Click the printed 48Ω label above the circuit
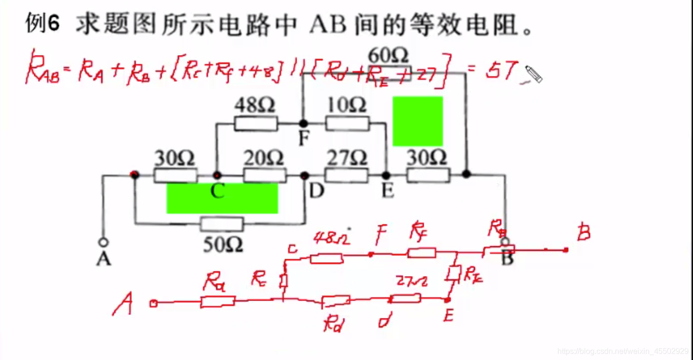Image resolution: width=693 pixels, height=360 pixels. (x=255, y=105)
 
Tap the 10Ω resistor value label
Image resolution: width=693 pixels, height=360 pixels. (x=346, y=105)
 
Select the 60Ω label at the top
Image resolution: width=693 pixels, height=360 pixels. (x=389, y=55)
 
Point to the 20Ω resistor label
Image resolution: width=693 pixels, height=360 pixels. (x=263, y=158)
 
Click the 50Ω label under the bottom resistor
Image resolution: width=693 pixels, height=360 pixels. (x=222, y=245)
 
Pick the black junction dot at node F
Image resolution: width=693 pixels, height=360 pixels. (x=303, y=124)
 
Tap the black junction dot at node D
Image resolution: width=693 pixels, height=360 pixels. (x=305, y=176)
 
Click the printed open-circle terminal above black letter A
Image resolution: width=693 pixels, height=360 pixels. (x=103, y=242)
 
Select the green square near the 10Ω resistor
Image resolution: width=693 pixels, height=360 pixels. (x=417, y=121)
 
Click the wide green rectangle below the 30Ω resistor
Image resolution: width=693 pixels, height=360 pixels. (x=222, y=198)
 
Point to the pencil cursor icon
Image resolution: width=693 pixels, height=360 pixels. (x=533, y=74)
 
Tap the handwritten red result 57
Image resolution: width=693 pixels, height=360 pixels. (x=501, y=71)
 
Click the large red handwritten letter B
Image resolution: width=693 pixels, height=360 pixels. (x=583, y=233)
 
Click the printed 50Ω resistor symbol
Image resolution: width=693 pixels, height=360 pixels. (x=222, y=224)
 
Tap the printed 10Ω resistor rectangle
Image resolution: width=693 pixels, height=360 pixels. (x=347, y=124)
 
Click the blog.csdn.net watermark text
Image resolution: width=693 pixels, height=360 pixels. (x=623, y=351)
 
